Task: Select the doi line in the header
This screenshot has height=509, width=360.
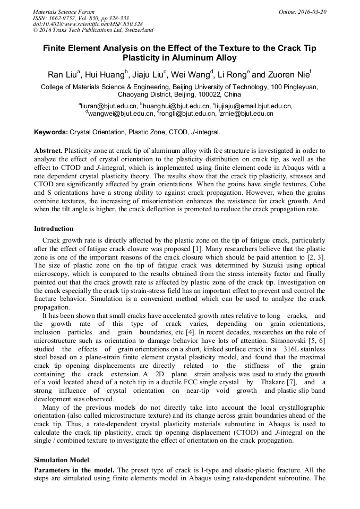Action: click(x=88, y=24)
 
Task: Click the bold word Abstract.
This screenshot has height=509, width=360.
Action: click(x=48, y=151)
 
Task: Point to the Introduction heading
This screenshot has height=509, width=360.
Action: click(x=54, y=229)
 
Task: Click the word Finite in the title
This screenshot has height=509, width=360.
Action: click(x=60, y=48)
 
